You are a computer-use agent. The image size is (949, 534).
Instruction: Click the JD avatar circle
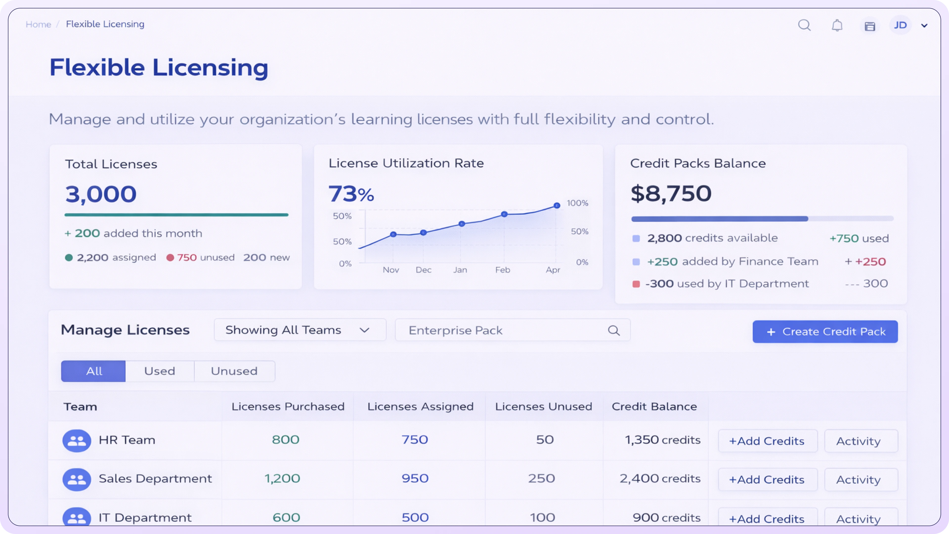(x=900, y=25)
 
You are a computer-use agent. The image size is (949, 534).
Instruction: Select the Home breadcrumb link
(x=38, y=24)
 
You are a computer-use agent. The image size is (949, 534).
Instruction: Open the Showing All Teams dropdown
(x=300, y=330)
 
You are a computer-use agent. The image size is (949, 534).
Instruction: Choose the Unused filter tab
(x=234, y=371)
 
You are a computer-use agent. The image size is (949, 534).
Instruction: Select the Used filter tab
(x=159, y=371)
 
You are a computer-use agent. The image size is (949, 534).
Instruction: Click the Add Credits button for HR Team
(x=767, y=441)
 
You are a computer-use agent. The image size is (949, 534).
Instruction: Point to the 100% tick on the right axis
(x=577, y=203)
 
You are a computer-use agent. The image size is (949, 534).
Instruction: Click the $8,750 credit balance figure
(x=671, y=194)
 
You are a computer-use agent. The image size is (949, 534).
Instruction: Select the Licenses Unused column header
(x=543, y=406)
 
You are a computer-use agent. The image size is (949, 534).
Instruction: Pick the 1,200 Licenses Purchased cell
(x=282, y=478)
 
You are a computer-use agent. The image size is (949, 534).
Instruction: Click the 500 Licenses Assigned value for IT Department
(x=415, y=517)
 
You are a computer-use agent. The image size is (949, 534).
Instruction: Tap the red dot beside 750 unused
(x=170, y=258)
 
